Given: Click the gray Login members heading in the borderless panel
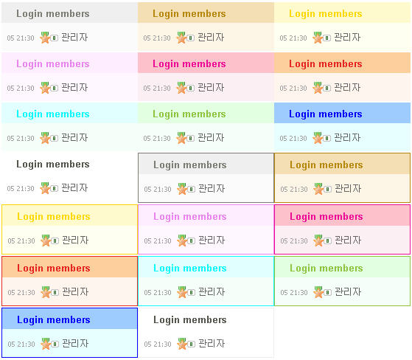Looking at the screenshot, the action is pyautogui.click(x=53, y=14).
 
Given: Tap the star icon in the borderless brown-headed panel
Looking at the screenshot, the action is pyautogui.click(x=181, y=38).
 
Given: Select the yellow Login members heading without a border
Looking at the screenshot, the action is pyautogui.click(x=326, y=14).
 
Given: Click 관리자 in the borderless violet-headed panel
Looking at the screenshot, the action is pyautogui.click(x=74, y=88).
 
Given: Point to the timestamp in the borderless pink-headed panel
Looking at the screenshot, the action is pyautogui.click(x=157, y=89).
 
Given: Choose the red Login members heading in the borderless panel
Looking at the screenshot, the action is pyautogui.click(x=326, y=64).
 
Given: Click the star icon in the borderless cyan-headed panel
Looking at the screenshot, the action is pyautogui.click(x=45, y=138).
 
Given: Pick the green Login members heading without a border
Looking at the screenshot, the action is pyautogui.click(x=189, y=114).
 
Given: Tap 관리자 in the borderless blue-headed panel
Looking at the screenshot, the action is pyautogui.click(x=347, y=138).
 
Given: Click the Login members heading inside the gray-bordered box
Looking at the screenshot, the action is pyautogui.click(x=190, y=165).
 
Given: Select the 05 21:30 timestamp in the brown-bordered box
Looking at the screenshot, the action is pyautogui.click(x=294, y=190).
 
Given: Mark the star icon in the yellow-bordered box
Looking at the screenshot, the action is pyautogui.click(x=46, y=240).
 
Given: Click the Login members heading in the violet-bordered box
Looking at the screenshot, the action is pyautogui.click(x=190, y=217).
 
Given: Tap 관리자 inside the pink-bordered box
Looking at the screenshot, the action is pyautogui.click(x=348, y=240).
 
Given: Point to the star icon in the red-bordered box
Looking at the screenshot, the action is pyautogui.click(x=46, y=292).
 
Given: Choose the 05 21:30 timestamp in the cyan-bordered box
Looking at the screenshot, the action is pyautogui.click(x=158, y=293).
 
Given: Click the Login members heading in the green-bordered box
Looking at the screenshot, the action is pyautogui.click(x=327, y=269).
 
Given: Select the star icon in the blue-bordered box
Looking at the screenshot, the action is pyautogui.click(x=46, y=344).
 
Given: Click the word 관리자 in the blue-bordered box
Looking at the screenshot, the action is pyautogui.click(x=75, y=344).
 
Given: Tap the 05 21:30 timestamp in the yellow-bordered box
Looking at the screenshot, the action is pyautogui.click(x=21, y=241).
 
